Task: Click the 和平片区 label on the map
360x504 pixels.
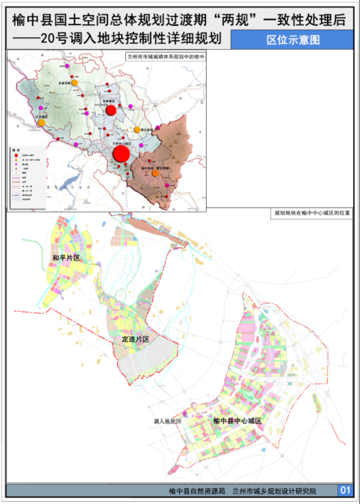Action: (x=66, y=257)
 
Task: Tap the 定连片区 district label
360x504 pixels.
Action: (x=135, y=339)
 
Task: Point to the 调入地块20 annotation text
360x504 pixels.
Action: (x=167, y=421)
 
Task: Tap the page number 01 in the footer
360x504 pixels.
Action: (x=345, y=490)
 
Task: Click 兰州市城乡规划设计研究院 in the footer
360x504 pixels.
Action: (x=274, y=490)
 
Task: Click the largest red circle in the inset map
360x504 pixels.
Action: (x=121, y=153)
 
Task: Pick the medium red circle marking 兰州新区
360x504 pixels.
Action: (x=111, y=110)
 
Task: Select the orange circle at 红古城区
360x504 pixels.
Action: (x=42, y=123)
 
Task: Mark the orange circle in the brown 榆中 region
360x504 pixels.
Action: (x=155, y=173)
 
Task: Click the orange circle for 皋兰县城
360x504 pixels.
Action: (x=137, y=130)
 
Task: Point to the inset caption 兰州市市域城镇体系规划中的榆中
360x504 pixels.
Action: (x=165, y=56)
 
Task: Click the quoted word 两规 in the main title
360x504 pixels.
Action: (x=235, y=20)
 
